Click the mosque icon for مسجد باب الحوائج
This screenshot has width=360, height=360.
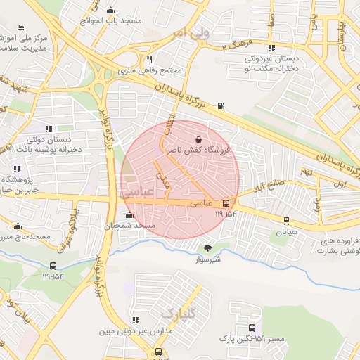(x=110, y=10)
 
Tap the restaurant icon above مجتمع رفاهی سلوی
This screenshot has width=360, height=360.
(x=149, y=59)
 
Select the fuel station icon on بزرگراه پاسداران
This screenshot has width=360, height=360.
(x=221, y=106)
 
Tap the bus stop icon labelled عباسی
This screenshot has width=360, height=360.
(x=226, y=203)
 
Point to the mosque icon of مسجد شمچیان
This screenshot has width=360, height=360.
(x=129, y=215)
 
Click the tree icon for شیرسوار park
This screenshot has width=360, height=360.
(x=207, y=247)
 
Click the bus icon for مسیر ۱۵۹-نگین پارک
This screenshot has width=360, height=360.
(x=252, y=328)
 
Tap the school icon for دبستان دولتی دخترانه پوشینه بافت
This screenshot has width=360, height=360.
(x=49, y=129)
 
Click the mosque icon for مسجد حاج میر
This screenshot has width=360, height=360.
(x=17, y=226)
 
